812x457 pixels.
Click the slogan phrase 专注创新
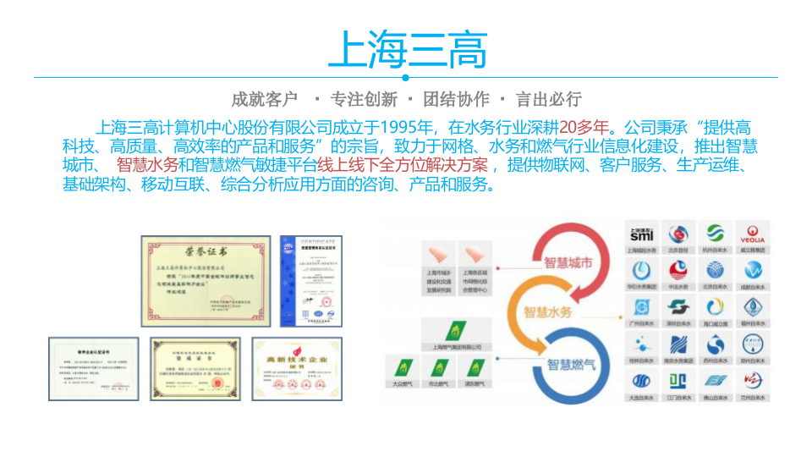pyautogui.click(x=364, y=99)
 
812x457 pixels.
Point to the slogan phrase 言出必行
pyautogui.click(x=549, y=99)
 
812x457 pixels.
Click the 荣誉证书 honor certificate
pyautogui.click(x=206, y=281)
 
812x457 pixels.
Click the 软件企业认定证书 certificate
pyautogui.click(x=93, y=369)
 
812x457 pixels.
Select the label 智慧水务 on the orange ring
pyautogui.click(x=548, y=312)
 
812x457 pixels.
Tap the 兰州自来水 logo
pyautogui.click(x=753, y=384)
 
